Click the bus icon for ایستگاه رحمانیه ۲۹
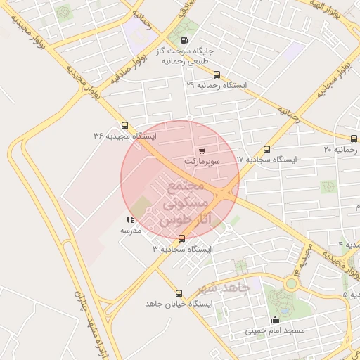[x=216, y=75]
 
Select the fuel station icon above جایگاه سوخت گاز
[x=184, y=41]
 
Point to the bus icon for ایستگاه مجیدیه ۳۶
[x=125, y=125]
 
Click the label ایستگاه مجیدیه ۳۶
[x=125, y=136]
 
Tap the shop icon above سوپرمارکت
[x=202, y=150]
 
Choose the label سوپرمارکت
[x=202, y=161]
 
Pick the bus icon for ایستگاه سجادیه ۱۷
[x=266, y=149]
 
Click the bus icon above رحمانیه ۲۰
[x=354, y=139]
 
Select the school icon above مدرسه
[x=130, y=219]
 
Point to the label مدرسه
[x=131, y=230]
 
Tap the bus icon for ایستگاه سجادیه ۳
[x=182, y=238]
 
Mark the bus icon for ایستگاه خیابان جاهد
[x=179, y=293]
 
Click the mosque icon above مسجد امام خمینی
[x=275, y=320]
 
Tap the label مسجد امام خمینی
[x=275, y=330]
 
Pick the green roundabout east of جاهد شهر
[x=291, y=284]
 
